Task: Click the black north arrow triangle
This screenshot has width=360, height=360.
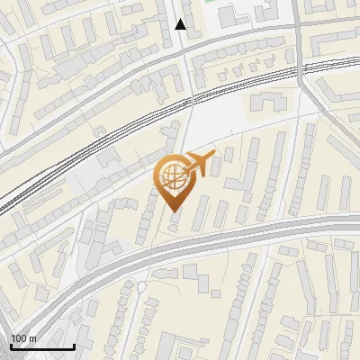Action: point(181,24)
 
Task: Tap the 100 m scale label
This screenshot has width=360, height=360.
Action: point(23,338)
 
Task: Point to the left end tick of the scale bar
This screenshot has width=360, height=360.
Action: point(11,345)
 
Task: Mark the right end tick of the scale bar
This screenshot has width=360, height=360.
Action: point(74,345)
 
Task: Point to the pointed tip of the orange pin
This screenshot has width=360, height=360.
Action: point(172,211)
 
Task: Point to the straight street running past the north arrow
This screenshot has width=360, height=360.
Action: point(185,54)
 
